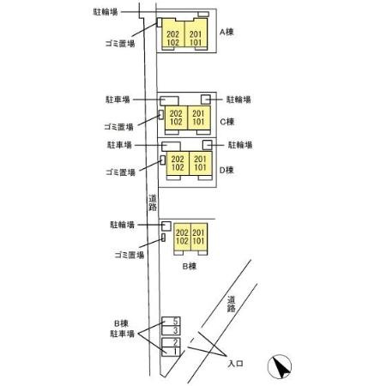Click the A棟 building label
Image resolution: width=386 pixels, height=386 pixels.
[x=226, y=32]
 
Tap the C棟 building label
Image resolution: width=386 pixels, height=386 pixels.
[x=227, y=122]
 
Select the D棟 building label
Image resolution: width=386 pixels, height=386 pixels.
[x=226, y=171]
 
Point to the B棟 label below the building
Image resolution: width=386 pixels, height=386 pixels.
[x=190, y=267]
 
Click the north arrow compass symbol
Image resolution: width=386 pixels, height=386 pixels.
[x=280, y=366]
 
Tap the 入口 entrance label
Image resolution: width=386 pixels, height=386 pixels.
[x=235, y=364]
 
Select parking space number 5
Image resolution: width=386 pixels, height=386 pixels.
[x=171, y=322]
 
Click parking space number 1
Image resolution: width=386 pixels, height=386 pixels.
[x=171, y=352]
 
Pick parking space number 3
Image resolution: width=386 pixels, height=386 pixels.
[x=171, y=330]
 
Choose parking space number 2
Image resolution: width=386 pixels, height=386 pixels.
[x=171, y=342]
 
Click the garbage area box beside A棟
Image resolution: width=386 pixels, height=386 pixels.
[x=160, y=22]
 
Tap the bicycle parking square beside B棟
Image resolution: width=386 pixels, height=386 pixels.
[x=166, y=226]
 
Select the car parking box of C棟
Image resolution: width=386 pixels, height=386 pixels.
[x=169, y=101]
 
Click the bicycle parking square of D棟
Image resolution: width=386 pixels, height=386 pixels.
[x=208, y=145]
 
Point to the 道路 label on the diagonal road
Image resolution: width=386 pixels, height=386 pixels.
[x=232, y=304]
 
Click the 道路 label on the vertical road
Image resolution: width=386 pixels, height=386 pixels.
[x=153, y=202]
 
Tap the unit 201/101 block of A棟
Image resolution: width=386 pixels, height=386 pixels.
[x=196, y=33]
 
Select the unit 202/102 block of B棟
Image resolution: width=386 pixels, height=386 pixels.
[x=182, y=237]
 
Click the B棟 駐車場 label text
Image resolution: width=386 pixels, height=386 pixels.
[x=122, y=329]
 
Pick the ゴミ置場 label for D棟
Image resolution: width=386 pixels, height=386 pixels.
[x=120, y=172]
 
